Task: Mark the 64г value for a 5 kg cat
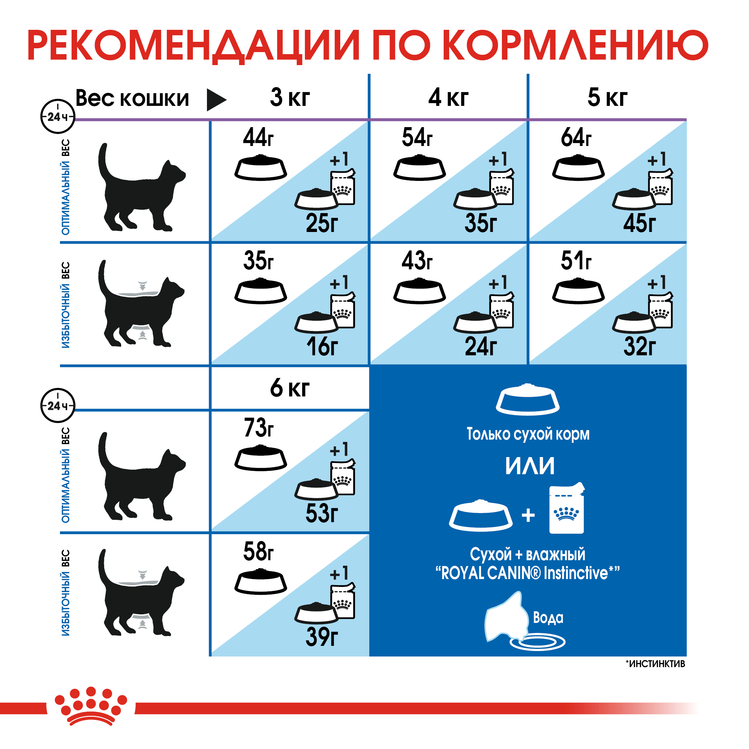(x=576, y=137)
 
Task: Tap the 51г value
(x=576, y=260)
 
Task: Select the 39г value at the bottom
(x=322, y=637)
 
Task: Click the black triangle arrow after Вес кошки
(x=216, y=100)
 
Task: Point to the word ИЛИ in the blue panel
(x=530, y=466)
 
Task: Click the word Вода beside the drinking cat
(x=548, y=617)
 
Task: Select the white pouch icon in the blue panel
(x=566, y=508)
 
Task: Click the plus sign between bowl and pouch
(x=528, y=515)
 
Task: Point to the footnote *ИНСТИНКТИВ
(x=655, y=664)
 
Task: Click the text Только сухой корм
(x=528, y=434)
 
